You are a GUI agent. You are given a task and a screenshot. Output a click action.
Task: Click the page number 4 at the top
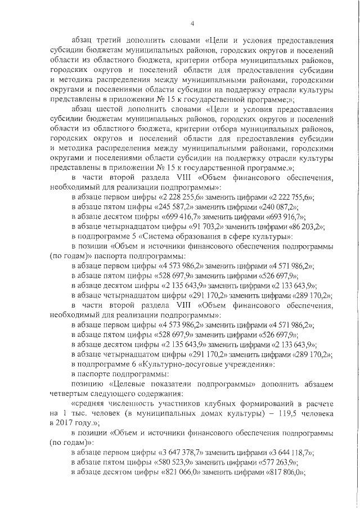[x=192, y=23]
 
